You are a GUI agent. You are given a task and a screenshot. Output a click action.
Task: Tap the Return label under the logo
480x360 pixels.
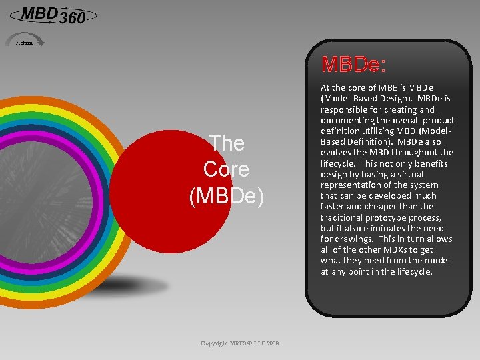(x=24, y=43)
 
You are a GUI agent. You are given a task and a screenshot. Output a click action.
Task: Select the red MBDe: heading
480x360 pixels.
(x=353, y=65)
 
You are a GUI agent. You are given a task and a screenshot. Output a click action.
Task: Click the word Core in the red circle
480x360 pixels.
(x=226, y=169)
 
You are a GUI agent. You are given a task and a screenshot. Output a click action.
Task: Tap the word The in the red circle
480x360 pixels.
(x=227, y=143)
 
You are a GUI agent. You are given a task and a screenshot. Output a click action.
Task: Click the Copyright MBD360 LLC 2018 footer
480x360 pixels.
(x=240, y=343)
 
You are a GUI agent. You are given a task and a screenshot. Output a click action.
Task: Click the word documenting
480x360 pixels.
(x=349, y=120)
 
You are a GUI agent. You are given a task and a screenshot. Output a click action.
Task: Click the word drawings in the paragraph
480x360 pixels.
(x=356, y=239)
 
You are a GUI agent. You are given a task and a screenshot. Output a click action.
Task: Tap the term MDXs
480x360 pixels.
(x=392, y=249)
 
